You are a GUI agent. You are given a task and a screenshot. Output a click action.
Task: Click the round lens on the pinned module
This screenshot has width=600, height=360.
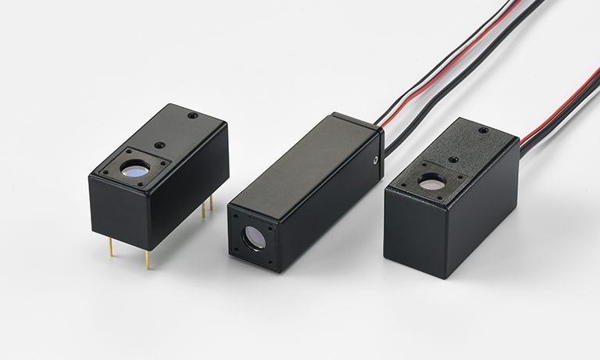point(136,169)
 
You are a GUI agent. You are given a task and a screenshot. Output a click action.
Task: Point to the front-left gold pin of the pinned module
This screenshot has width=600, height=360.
point(110,246)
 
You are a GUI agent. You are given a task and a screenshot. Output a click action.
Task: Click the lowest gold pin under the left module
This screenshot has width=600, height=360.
point(147,259)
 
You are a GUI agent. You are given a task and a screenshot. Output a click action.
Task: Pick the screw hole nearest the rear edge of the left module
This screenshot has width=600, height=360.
point(191,116)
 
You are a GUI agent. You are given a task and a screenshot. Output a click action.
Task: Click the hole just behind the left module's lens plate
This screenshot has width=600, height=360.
point(159,144)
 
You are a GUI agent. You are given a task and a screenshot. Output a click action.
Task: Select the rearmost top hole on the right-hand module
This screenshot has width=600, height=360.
point(482,130)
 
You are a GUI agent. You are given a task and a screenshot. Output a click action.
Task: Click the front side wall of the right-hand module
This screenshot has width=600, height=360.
point(414,234)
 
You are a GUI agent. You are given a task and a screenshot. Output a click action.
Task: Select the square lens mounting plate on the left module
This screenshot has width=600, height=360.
point(136,167)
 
